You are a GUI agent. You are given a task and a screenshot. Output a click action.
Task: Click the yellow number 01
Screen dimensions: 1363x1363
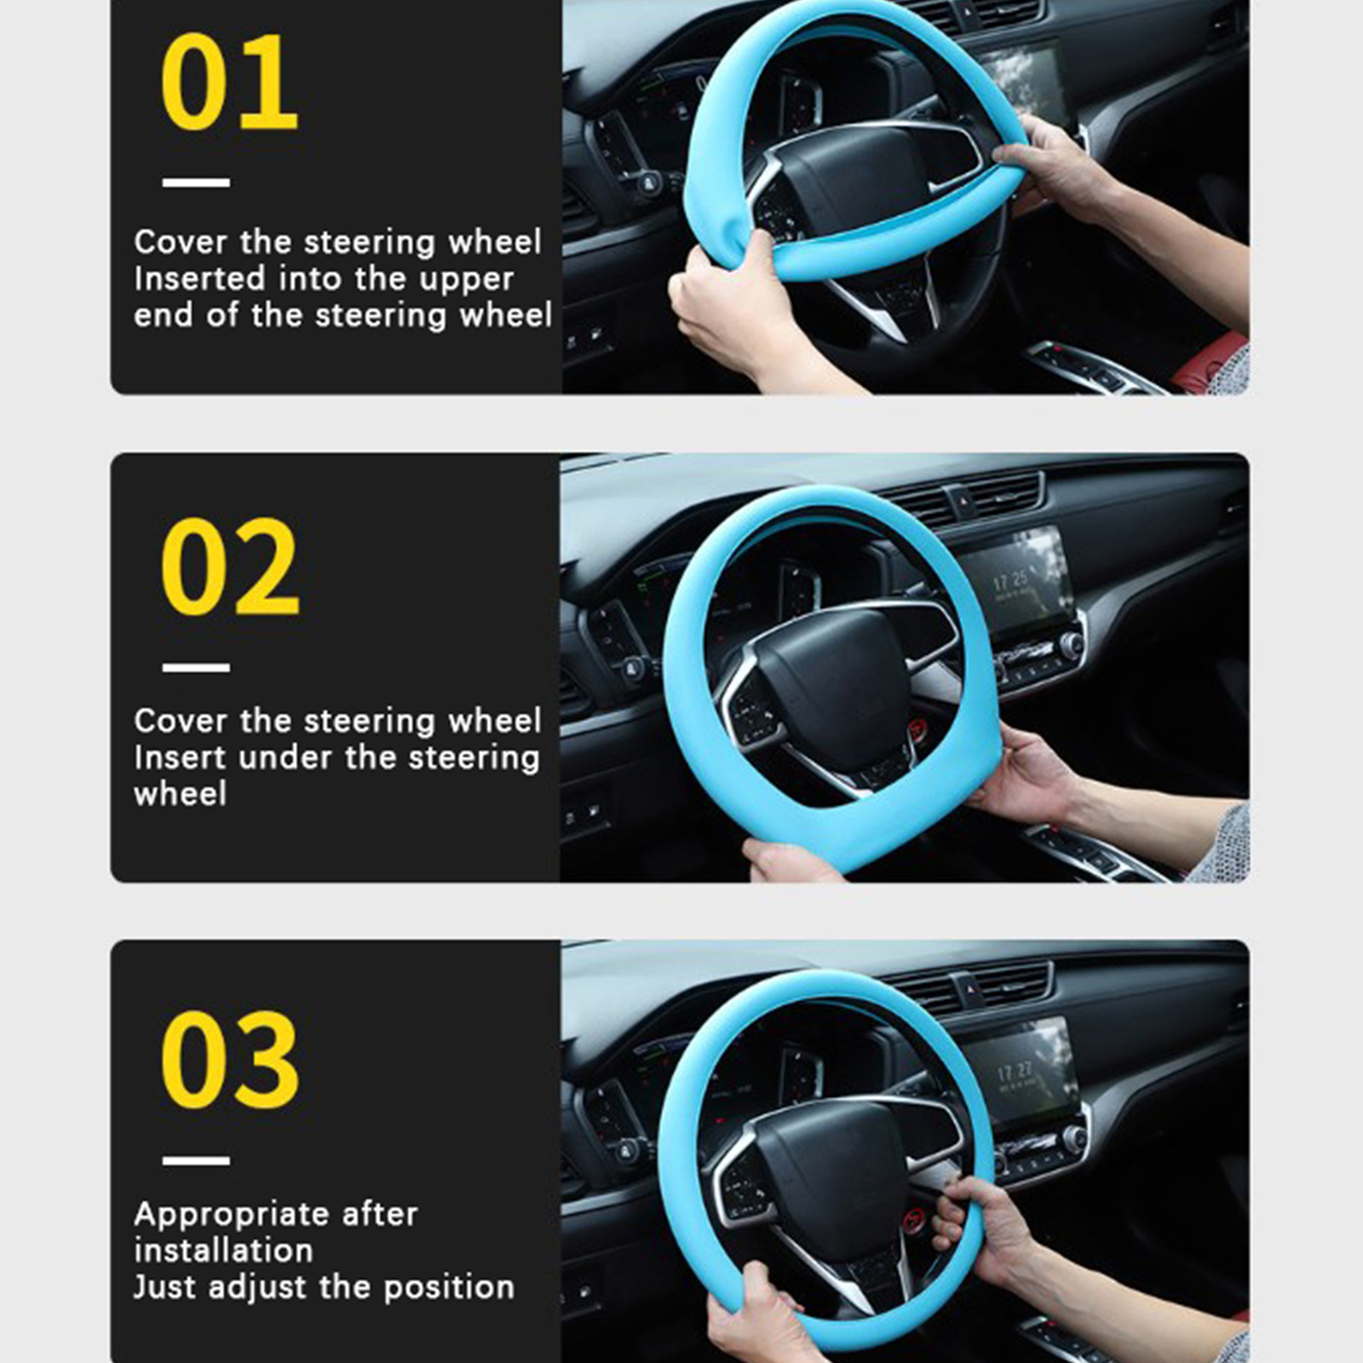pos(229,83)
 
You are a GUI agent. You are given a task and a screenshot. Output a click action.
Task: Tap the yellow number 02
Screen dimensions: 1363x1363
pos(230,566)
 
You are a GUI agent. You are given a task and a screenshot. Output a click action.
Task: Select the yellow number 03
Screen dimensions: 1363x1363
pos(230,1060)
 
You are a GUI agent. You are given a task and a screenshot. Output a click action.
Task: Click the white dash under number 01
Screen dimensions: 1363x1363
pos(196,182)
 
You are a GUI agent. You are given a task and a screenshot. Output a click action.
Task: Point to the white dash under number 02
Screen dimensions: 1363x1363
pos(196,667)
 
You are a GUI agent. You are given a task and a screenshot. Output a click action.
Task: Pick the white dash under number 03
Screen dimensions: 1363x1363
pos(196,1160)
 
